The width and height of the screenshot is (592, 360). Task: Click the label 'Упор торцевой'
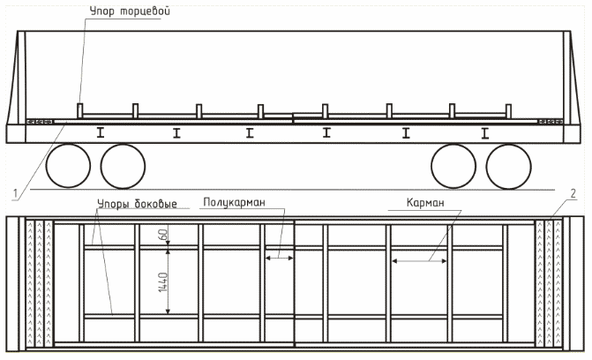coord(128,11)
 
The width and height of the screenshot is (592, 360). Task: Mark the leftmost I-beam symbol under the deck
coord(101,133)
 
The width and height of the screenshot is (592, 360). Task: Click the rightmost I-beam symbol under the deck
coord(484,133)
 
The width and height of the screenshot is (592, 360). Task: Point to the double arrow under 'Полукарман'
coord(280,258)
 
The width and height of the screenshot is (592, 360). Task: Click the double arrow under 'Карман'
coord(420,260)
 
